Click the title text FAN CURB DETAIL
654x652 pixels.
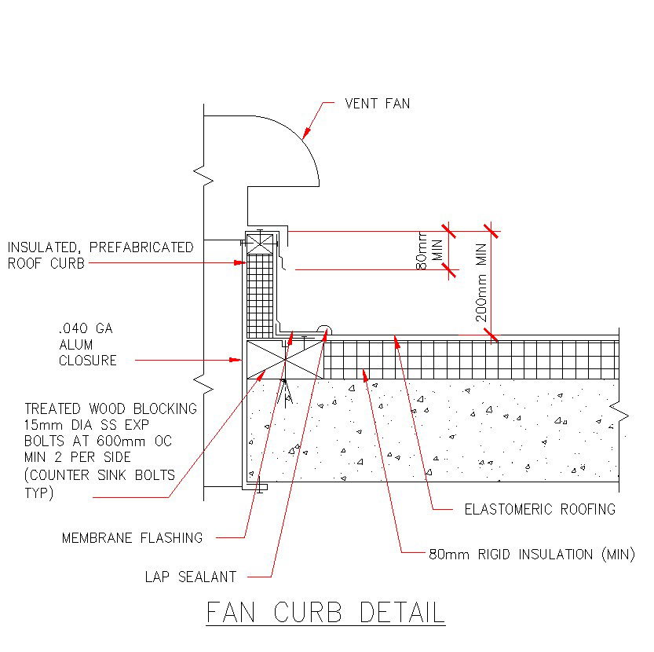point(325,612)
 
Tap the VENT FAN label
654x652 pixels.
point(377,104)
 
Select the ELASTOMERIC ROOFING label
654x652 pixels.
point(539,509)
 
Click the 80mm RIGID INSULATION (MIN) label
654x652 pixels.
point(531,555)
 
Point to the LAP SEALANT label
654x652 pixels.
point(190,577)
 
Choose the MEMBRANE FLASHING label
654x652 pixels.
point(132,538)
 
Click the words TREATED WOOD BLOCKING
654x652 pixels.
point(111,408)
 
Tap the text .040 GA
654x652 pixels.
point(86,329)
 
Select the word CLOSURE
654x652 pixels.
point(88,361)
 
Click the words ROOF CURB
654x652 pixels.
point(46,264)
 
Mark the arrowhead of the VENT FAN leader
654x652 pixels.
point(305,137)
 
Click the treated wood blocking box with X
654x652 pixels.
point(285,360)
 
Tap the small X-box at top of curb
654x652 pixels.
point(259,241)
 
